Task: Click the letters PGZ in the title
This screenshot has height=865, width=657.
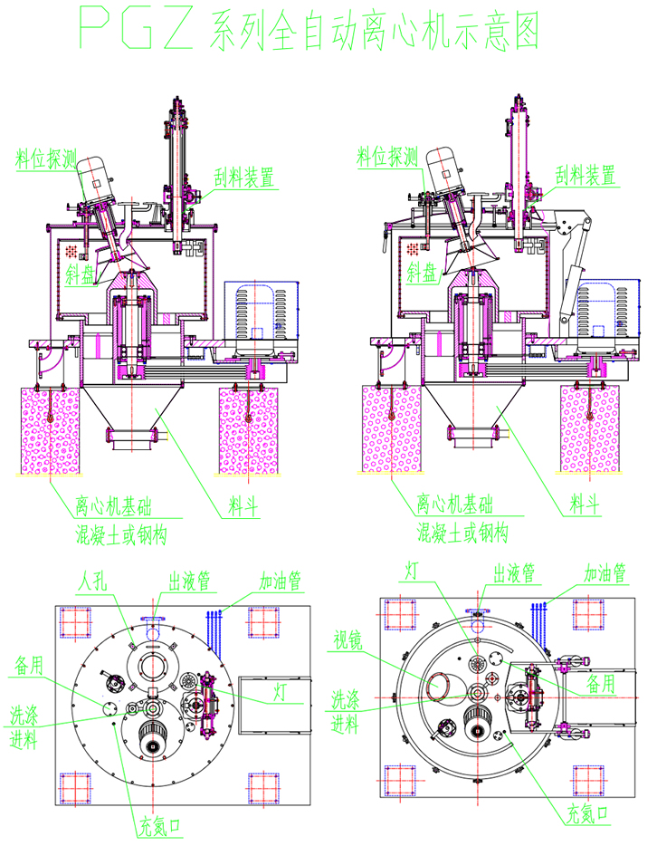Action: click(x=137, y=27)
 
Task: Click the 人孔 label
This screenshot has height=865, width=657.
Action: click(x=92, y=581)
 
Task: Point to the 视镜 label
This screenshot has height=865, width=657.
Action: click(x=348, y=640)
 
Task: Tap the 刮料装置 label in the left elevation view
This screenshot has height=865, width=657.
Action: click(x=243, y=178)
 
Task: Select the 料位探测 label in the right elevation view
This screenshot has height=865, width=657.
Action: click(x=387, y=157)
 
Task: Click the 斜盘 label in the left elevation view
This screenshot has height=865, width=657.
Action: click(x=81, y=274)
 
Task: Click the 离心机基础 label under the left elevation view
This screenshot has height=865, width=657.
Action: click(x=113, y=505)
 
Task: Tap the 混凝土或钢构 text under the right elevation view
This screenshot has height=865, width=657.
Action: click(x=462, y=533)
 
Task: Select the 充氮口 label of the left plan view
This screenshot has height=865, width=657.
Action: click(x=159, y=826)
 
